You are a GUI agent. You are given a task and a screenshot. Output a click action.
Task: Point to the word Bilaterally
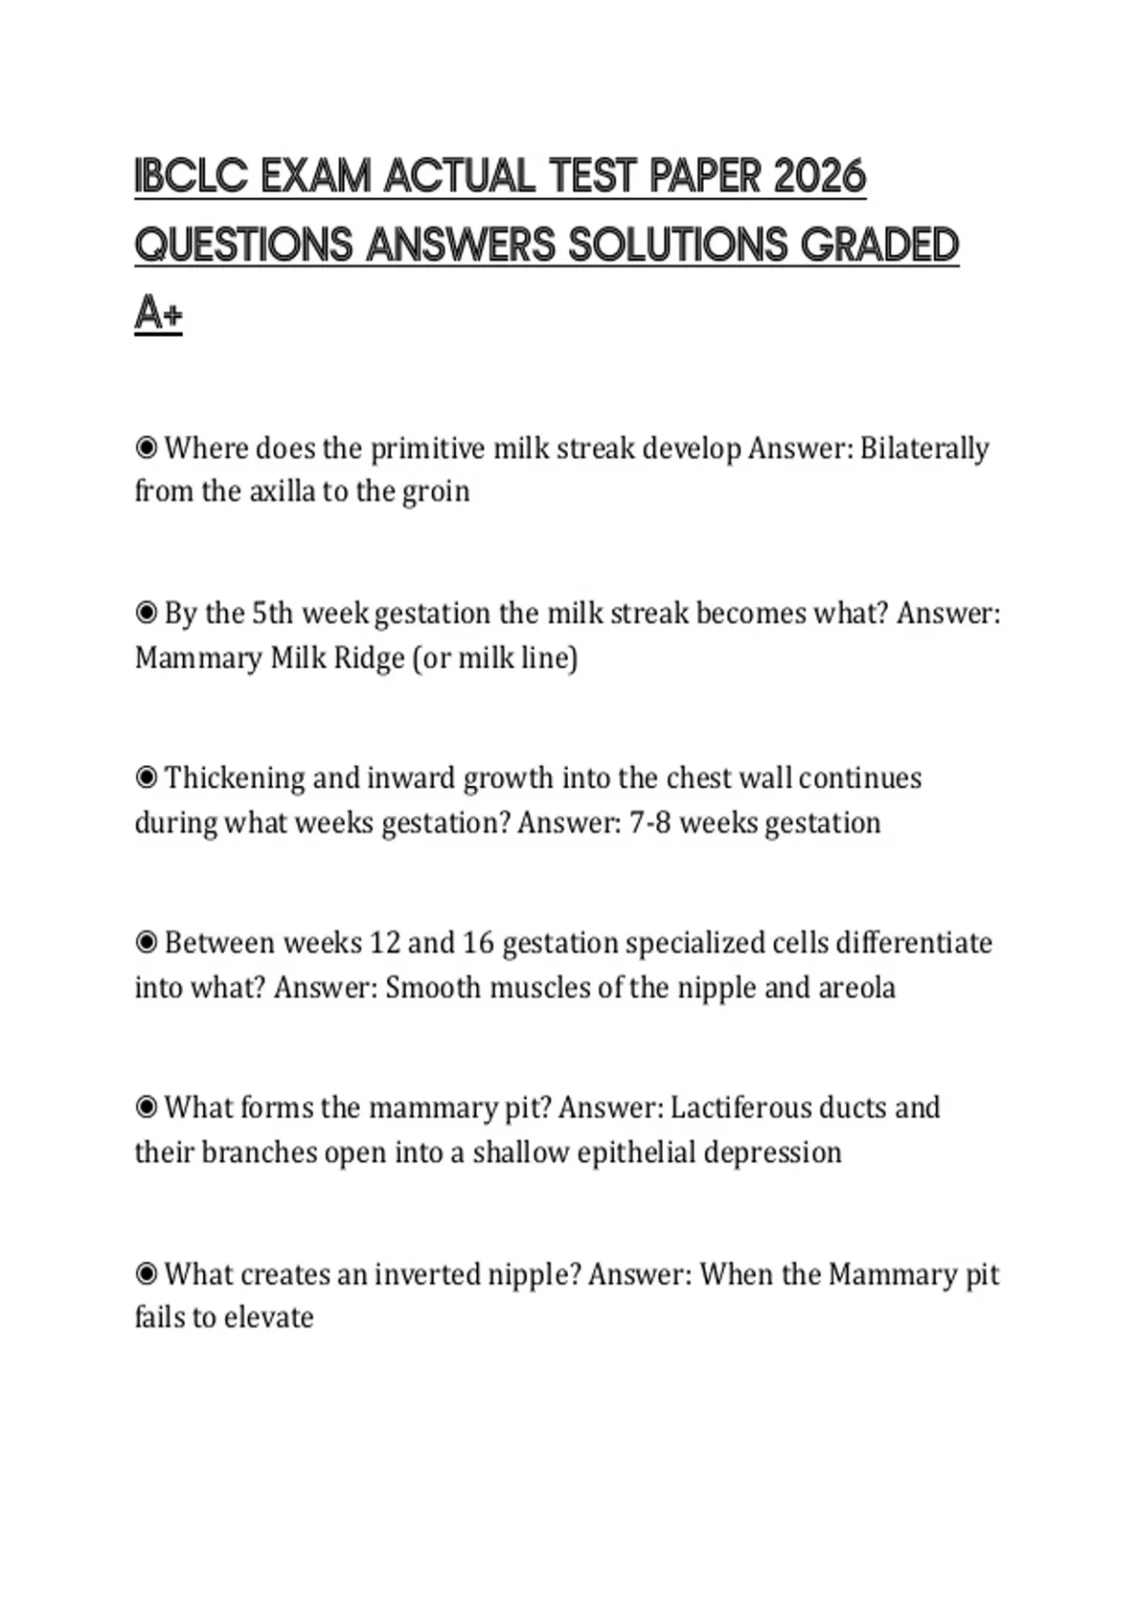924,448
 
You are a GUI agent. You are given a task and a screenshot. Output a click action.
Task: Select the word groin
435,491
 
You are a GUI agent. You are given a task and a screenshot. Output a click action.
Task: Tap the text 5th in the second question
272,614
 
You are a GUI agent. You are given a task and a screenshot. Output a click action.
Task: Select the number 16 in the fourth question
478,943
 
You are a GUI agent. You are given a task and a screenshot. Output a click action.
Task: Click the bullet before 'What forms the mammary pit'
146,1108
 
